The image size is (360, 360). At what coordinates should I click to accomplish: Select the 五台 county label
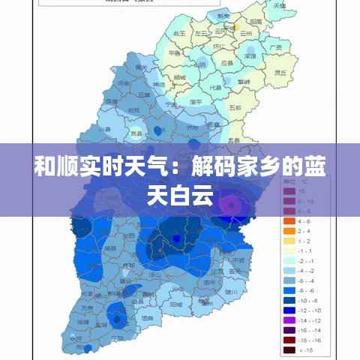pos(234,107)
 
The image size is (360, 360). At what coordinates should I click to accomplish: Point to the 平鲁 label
pos(173,53)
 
